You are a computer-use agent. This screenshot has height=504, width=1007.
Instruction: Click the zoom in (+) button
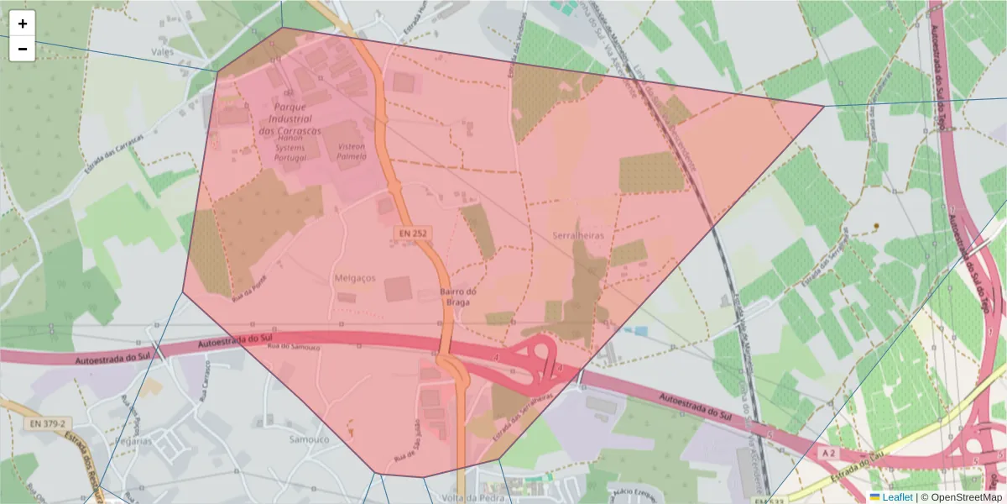(22, 24)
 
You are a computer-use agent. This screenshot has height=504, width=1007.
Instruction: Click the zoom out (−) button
(22, 49)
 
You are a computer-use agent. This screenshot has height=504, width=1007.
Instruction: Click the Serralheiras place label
(580, 237)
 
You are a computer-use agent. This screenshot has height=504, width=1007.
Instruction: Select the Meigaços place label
(356, 278)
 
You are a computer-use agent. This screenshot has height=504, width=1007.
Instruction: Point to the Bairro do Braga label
(458, 297)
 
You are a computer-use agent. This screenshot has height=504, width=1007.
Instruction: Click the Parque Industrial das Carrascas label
(290, 119)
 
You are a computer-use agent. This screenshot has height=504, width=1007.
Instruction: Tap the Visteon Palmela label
(351, 150)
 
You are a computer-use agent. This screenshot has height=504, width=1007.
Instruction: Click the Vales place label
(162, 51)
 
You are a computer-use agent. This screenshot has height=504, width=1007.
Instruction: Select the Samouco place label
(309, 439)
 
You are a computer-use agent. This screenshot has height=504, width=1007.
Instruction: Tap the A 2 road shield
(829, 453)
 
